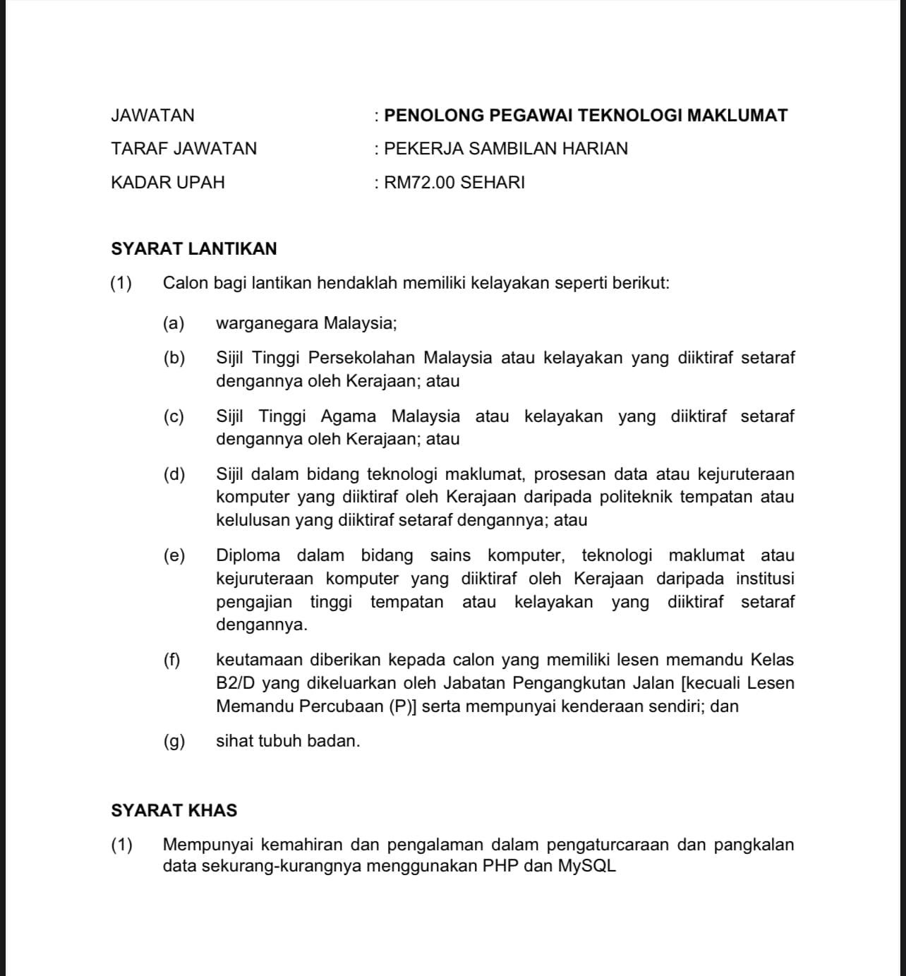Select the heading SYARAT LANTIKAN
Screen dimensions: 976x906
194,249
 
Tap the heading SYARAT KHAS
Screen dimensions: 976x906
174,810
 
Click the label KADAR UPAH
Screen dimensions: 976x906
168,183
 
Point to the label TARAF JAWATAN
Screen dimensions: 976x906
184,149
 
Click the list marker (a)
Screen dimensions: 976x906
174,323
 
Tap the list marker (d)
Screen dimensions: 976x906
174,474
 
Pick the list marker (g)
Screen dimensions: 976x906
174,741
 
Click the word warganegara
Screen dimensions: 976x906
267,323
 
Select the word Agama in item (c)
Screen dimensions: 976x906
348,416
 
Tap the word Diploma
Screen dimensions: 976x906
248,555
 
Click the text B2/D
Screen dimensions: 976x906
235,683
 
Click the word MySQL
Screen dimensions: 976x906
587,866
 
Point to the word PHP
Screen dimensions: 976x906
500,866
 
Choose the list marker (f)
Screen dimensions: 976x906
172,661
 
